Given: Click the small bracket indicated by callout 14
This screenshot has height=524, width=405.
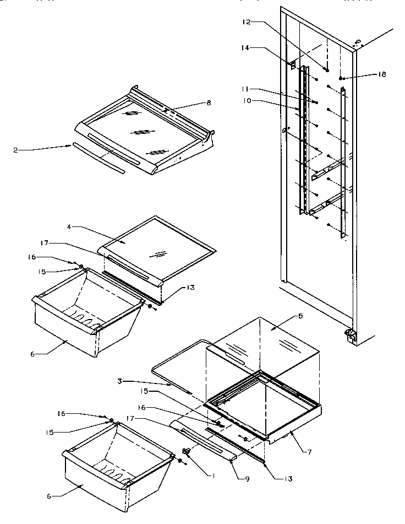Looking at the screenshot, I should [293, 64].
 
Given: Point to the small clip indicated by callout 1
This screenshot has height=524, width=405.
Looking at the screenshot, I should [186, 452].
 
